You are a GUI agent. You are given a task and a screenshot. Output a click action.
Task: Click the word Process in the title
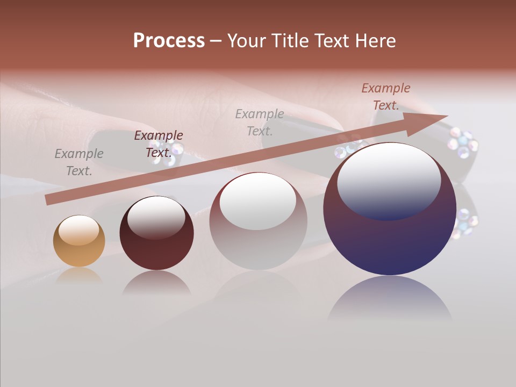(x=169, y=41)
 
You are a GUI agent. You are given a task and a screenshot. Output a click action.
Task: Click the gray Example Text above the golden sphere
(x=79, y=162)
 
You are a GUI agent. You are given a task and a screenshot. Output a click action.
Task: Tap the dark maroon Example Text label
(x=159, y=144)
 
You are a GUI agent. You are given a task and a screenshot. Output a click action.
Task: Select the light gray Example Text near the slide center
(x=260, y=122)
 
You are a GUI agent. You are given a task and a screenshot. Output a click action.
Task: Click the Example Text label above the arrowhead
(x=386, y=97)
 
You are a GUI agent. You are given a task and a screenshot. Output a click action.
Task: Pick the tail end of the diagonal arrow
(x=49, y=199)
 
